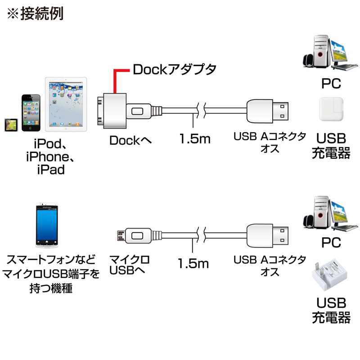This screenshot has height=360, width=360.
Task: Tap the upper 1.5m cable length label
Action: pyautogui.click(x=194, y=139)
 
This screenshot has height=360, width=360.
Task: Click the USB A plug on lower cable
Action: pyautogui.click(x=268, y=235)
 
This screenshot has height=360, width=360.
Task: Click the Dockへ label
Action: pyautogui.click(x=131, y=140)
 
